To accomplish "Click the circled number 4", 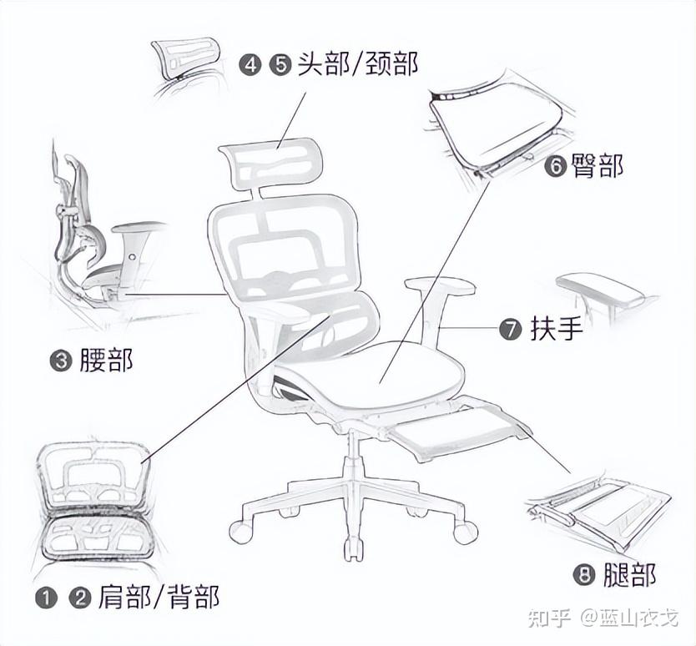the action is click(x=250, y=65).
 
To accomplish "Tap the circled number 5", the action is click(x=280, y=65).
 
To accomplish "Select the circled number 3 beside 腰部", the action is click(x=61, y=361).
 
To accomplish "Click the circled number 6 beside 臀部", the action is click(x=556, y=166).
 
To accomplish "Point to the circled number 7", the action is click(x=510, y=330).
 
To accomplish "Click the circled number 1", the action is click(x=47, y=598).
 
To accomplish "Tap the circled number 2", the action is click(x=79, y=598).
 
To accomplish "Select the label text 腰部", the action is click(x=107, y=360).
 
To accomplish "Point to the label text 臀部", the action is click(x=597, y=165).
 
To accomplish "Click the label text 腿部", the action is click(x=630, y=575).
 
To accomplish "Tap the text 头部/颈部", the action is click(x=358, y=63).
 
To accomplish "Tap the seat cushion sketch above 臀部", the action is click(x=497, y=124).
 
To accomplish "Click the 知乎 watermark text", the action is click(x=549, y=618).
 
